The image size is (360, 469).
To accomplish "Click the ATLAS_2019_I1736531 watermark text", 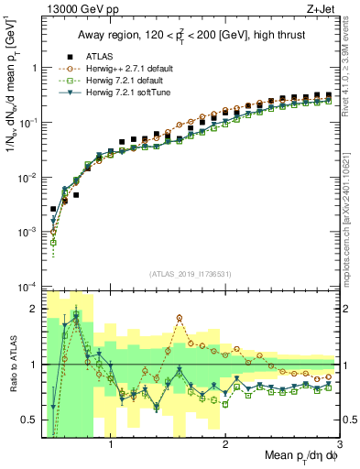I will tap(190, 274).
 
